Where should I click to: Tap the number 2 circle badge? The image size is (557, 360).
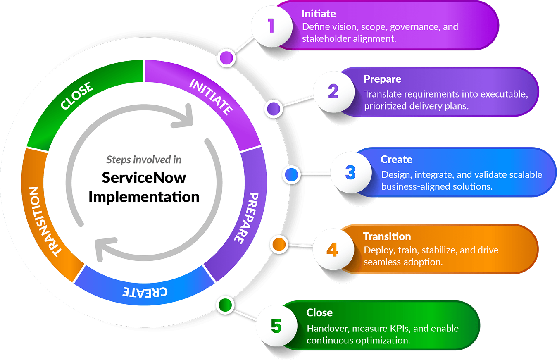333,91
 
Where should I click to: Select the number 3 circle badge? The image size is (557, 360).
350,173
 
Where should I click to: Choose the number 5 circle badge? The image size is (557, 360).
276,326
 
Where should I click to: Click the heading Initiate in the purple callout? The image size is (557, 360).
318,14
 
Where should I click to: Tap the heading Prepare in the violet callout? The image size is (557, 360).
382,79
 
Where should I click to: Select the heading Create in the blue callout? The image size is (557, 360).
396,160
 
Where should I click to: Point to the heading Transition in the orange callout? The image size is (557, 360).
387,236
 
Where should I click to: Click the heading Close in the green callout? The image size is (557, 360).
319,313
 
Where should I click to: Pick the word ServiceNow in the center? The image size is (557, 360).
144,178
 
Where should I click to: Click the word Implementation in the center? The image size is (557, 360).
144,196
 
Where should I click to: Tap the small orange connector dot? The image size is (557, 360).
279,244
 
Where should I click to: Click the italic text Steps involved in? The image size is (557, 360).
144,160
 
